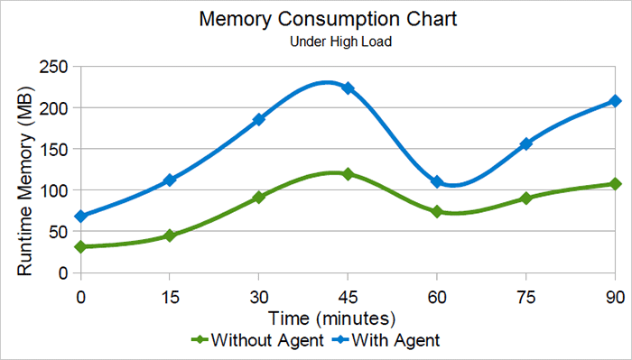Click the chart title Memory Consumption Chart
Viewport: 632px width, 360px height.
[315, 20]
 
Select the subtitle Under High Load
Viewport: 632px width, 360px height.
[315, 42]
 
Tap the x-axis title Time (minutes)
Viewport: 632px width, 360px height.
[331, 318]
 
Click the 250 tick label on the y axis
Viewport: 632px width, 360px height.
[54, 67]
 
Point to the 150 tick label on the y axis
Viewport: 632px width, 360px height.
[54, 149]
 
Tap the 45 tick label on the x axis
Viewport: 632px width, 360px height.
[348, 297]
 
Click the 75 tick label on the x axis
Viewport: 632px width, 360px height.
[525, 297]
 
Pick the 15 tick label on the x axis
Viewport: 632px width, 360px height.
[169, 297]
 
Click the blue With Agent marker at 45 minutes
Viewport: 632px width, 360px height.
[348, 88]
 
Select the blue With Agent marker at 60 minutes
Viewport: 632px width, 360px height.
[437, 182]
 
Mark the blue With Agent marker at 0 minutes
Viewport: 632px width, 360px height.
[81, 217]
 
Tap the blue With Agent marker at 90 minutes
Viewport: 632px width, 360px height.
[615, 101]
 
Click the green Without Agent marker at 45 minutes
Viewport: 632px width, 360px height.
[348, 173]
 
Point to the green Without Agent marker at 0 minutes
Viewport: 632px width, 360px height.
[81, 246]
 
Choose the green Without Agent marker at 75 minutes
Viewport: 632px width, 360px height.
[525, 198]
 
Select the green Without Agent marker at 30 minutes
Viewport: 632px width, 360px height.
[258, 197]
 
